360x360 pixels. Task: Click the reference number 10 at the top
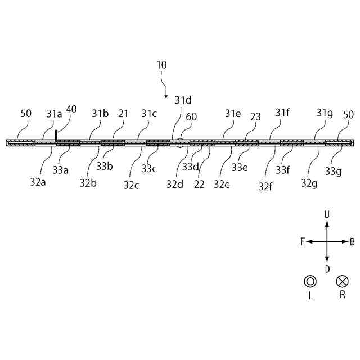click(161, 65)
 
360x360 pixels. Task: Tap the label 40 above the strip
click(71, 109)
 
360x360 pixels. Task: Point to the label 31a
click(54, 113)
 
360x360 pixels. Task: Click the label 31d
click(183, 100)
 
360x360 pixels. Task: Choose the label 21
click(123, 113)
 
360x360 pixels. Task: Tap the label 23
click(255, 116)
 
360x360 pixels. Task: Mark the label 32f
click(266, 186)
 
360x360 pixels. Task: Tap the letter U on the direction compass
click(327, 214)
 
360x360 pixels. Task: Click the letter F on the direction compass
click(303, 241)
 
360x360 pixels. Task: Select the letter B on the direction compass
click(352, 241)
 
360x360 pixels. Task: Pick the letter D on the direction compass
click(327, 268)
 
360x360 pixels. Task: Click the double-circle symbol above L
click(310, 281)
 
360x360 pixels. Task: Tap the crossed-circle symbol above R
click(342, 281)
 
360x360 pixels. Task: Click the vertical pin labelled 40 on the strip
click(56, 136)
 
